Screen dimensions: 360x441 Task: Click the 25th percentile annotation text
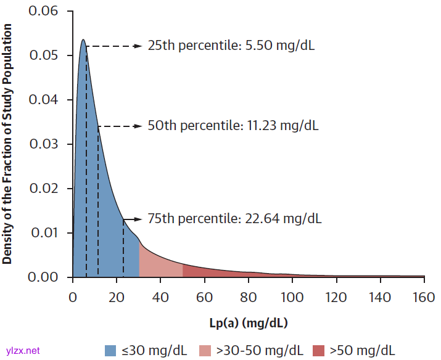[x=231, y=46]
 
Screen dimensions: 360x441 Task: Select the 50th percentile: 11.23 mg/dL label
[x=233, y=126]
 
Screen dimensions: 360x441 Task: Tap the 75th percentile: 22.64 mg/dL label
[x=234, y=219]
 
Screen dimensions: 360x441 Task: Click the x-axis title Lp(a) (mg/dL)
[x=249, y=322]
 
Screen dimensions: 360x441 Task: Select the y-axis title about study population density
[x=7, y=143]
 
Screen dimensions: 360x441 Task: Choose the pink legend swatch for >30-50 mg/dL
[x=205, y=350]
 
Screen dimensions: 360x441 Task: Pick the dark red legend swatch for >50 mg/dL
[x=319, y=350]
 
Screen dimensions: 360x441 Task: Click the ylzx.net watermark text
[x=23, y=350]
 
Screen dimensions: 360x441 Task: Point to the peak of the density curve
[x=83, y=41]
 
